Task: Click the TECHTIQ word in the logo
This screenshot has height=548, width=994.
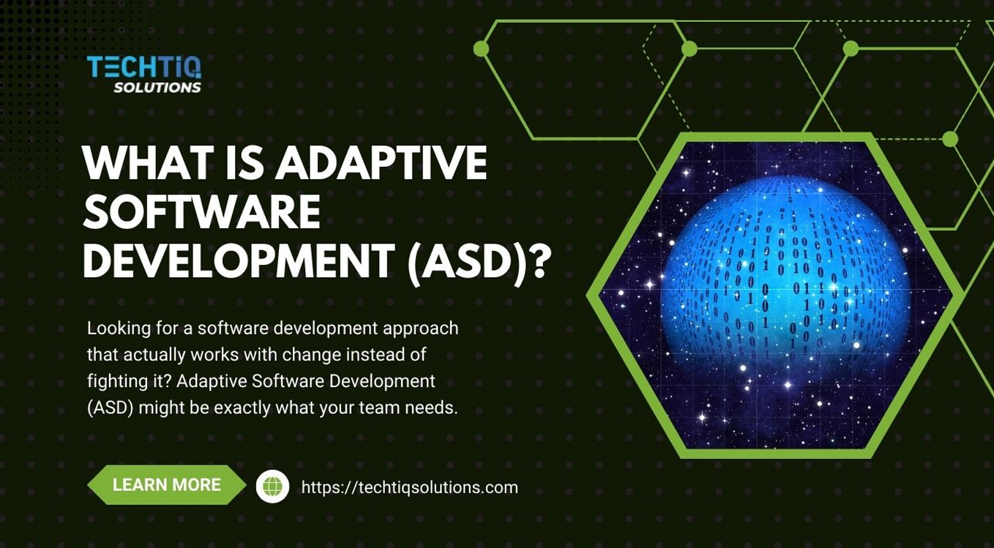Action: click(143, 67)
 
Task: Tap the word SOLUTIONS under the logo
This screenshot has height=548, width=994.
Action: click(157, 88)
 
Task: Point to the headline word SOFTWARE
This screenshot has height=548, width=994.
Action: click(201, 212)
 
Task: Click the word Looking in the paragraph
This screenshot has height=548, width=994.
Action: click(115, 329)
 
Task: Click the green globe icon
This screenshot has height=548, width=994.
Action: click(272, 487)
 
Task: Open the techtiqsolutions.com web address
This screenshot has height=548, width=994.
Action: click(409, 487)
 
